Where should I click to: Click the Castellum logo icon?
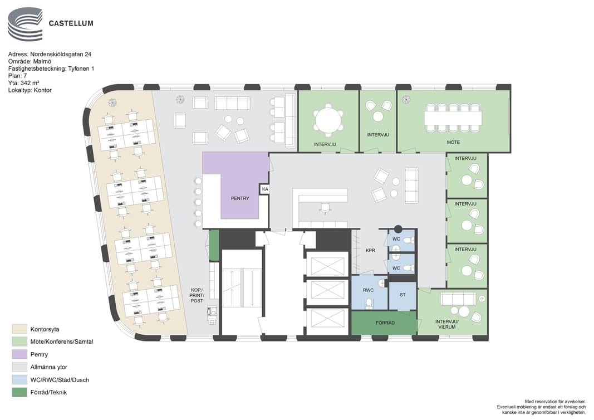coord(26,24)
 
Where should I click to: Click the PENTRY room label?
coord(240,198)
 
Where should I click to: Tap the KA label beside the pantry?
coord(265,189)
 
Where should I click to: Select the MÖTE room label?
coord(453,142)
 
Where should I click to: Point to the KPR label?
coord(371,251)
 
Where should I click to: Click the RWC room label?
coord(368,290)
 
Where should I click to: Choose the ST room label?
coord(402,295)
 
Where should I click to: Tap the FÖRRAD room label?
coord(385,323)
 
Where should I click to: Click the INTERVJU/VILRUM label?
coord(447,324)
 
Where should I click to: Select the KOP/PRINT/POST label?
coord(197,295)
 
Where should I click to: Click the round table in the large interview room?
coord(328,119)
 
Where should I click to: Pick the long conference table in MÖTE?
coord(453,118)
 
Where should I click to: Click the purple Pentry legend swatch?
coord(19,354)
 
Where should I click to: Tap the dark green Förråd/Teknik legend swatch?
coord(19,392)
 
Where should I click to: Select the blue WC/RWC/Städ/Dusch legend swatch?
coord(19,380)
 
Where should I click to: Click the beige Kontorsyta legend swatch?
coord(19,329)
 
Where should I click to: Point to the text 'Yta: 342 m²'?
coord(24,83)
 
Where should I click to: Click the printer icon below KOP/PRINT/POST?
coord(212,315)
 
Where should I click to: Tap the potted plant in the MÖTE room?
coord(406,100)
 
